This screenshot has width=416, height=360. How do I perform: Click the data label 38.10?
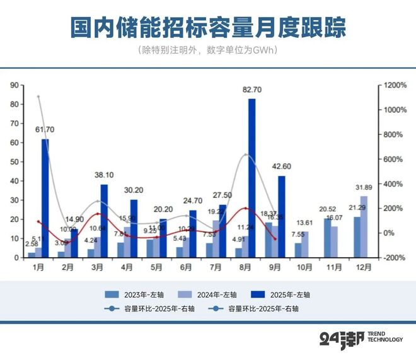[104, 175]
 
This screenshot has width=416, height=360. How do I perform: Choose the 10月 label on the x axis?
[304, 267]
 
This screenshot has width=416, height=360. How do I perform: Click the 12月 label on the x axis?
[362, 267]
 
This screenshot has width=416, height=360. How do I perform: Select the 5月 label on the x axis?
[156, 267]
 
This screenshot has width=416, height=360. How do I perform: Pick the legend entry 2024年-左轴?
[211, 294]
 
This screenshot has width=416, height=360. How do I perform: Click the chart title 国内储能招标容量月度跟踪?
[208, 28]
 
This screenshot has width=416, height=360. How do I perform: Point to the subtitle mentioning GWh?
[208, 50]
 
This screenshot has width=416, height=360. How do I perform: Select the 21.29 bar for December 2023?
[357, 237]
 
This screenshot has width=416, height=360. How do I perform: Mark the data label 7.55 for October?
[296, 236]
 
